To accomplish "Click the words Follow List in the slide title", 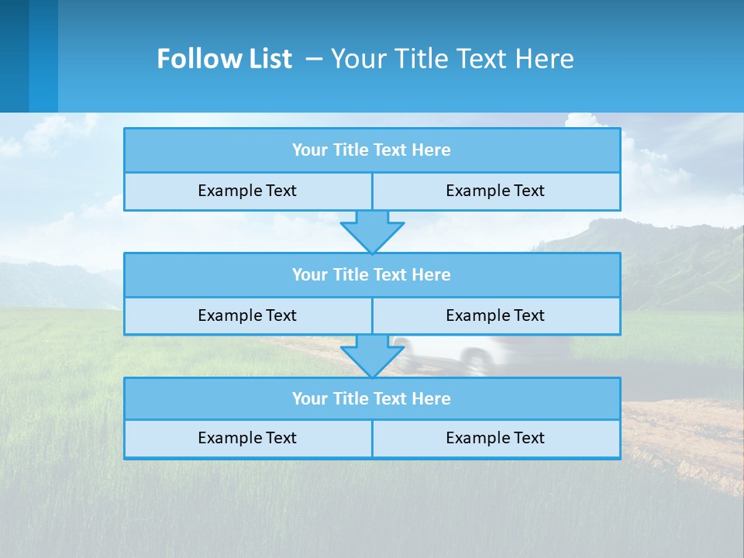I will (x=224, y=59).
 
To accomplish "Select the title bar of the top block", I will (x=372, y=150).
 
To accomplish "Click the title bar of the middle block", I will (x=372, y=275).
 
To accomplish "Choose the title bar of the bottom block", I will (x=372, y=399).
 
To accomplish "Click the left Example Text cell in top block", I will (x=247, y=191).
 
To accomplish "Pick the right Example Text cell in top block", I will (x=496, y=191).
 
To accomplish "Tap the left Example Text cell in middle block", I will (x=247, y=316).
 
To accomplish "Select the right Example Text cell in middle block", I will (x=496, y=316).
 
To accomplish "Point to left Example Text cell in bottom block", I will (x=247, y=439).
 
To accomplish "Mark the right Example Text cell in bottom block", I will (x=496, y=439).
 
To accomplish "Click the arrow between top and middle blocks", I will (x=372, y=231).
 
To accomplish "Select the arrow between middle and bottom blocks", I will (x=372, y=356).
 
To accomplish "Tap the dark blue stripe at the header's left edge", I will (x=14, y=56).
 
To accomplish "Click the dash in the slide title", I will (x=315, y=59).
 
